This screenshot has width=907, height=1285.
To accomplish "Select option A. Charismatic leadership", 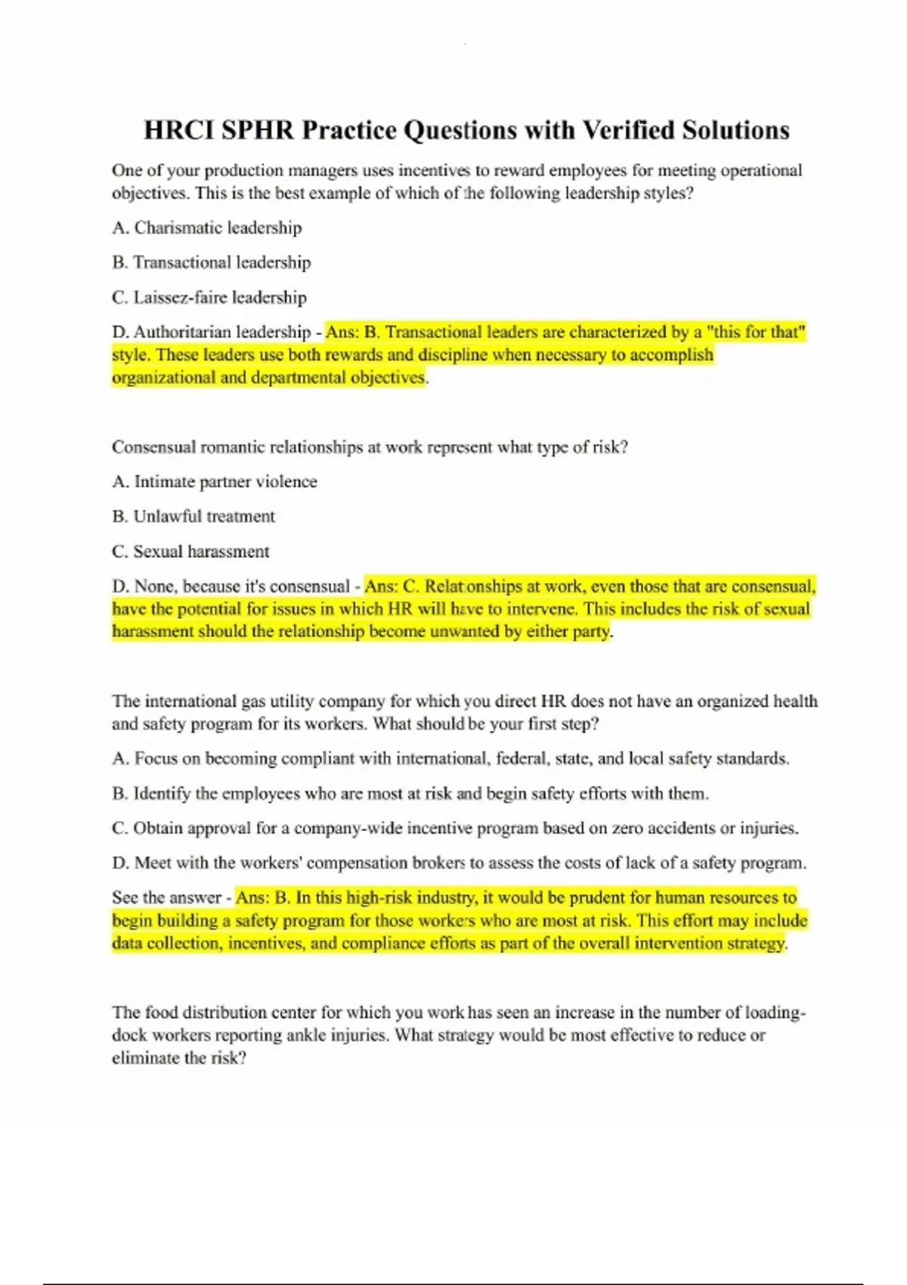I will [206, 228].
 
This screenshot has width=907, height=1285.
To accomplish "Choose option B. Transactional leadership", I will [211, 262].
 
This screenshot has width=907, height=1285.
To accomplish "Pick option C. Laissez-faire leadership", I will [209, 297].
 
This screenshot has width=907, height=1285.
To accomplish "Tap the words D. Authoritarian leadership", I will [211, 332].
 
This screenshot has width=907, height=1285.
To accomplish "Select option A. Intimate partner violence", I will [214, 481].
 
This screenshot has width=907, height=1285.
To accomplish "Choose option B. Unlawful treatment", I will [193, 516].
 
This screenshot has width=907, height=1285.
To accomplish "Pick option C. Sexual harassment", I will [190, 551].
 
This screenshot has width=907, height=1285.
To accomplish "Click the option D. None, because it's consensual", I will [231, 586].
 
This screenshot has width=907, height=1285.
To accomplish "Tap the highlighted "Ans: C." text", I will [392, 586].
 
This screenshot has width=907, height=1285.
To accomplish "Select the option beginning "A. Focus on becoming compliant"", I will [450, 758].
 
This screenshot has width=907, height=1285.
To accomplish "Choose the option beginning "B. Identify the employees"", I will [410, 793].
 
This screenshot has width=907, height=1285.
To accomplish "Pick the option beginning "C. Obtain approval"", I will [454, 828].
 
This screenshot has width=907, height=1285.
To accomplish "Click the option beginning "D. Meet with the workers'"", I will [459, 862].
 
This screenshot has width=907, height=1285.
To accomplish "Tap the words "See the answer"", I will [166, 897].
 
